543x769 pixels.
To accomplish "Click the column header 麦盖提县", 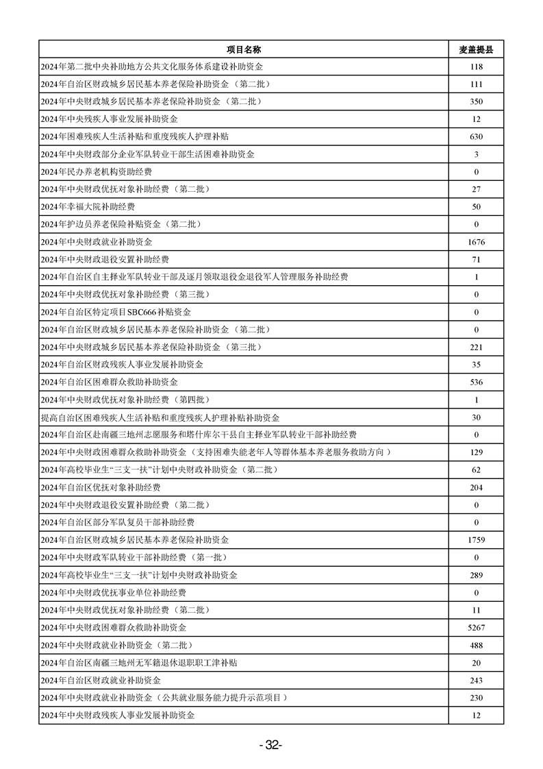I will pyautogui.click(x=477, y=49).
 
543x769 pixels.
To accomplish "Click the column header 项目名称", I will pyautogui.click(x=244, y=49).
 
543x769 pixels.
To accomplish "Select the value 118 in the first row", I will pyautogui.click(x=477, y=67).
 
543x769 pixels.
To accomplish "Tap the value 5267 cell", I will pyautogui.click(x=477, y=628).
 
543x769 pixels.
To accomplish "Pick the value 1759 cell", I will pyautogui.click(x=477, y=540).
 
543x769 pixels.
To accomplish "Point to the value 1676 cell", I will pyautogui.click(x=477, y=242).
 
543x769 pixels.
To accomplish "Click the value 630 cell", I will pyautogui.click(x=477, y=137).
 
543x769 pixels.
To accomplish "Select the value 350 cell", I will pyautogui.click(x=477, y=102).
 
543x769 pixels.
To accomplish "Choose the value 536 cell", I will pyautogui.click(x=477, y=382).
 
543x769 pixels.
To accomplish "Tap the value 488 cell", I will pyautogui.click(x=477, y=646).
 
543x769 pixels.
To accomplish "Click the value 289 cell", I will pyautogui.click(x=477, y=575).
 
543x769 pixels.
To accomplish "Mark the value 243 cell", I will pyautogui.click(x=477, y=681).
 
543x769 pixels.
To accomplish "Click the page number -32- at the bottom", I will pyautogui.click(x=271, y=746).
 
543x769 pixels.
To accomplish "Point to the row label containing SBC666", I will pyautogui.click(x=116, y=313).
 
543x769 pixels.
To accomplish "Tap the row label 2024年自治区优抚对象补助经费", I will pyautogui.click(x=101, y=487).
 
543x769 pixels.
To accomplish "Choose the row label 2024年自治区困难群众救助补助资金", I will pyautogui.click(x=114, y=382).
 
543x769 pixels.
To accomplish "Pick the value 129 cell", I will pyautogui.click(x=477, y=452).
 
